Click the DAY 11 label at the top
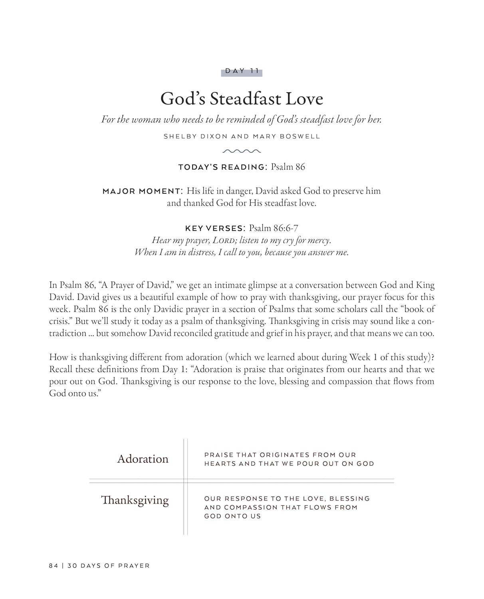tap(242, 71)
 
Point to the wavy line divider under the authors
tap(242, 151)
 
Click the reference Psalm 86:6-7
tap(274, 228)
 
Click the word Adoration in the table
tap(143, 459)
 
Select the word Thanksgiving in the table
tap(135, 500)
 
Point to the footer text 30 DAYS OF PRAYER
tap(109, 565)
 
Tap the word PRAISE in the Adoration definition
tap(218, 455)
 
